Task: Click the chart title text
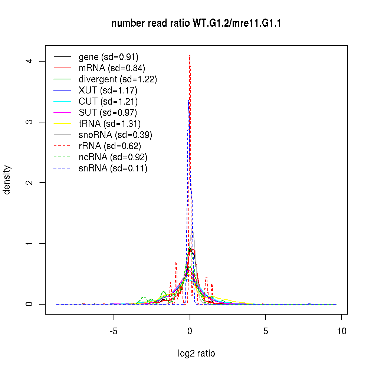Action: pyautogui.click(x=196, y=23)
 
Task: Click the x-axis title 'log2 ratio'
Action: pyautogui.click(x=196, y=353)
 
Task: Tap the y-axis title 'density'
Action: pyautogui.click(x=7, y=180)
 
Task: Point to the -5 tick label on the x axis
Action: pyautogui.click(x=114, y=331)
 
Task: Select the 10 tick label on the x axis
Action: pyautogui.click(x=342, y=331)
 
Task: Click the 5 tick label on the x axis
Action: pyautogui.click(x=266, y=331)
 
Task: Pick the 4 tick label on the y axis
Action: pyautogui.click(x=32, y=61)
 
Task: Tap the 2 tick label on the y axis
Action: pyautogui.click(x=32, y=183)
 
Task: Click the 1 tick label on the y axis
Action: pyautogui.click(x=32, y=243)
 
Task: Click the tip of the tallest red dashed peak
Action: pyautogui.click(x=190, y=55)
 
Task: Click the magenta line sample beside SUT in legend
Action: pyautogui.click(x=62, y=112)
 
